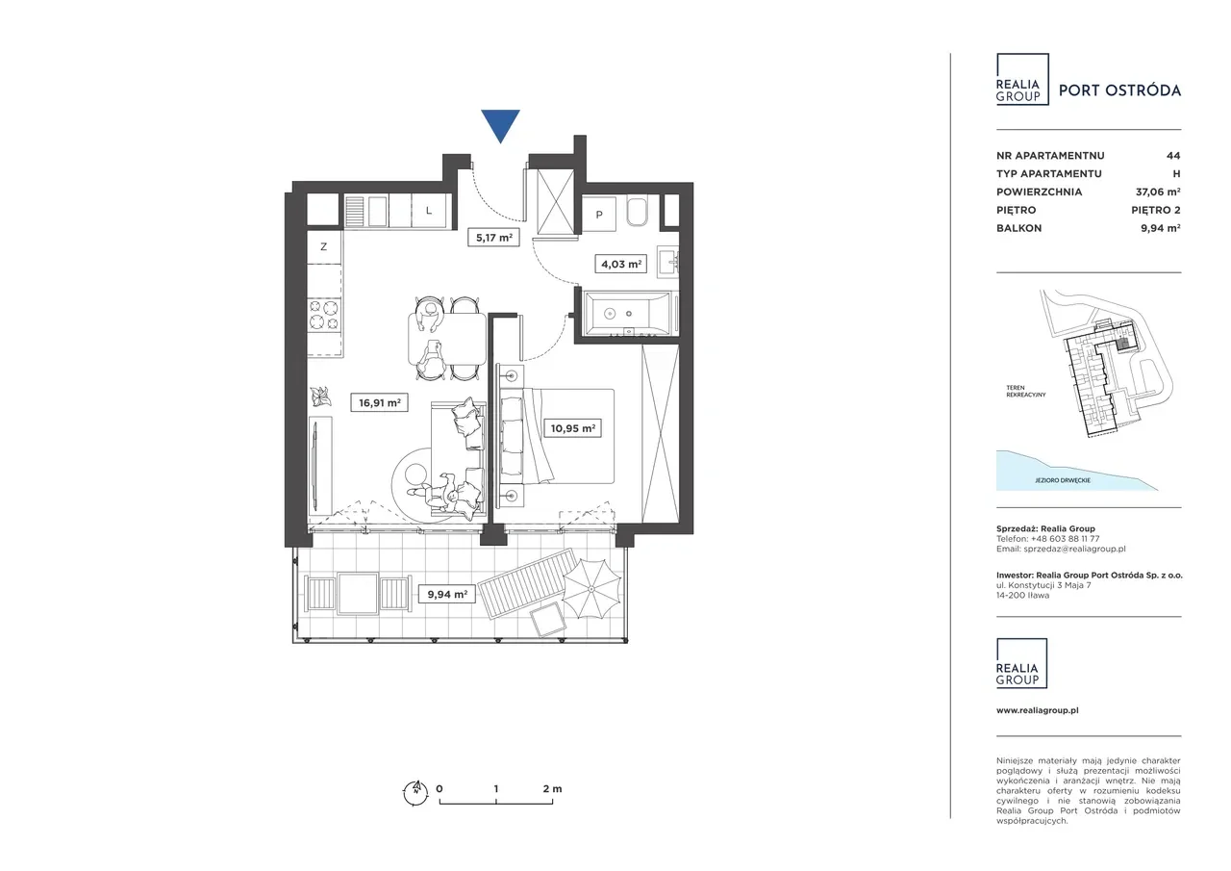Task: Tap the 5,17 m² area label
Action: click(x=493, y=238)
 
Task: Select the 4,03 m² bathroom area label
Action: click(x=620, y=264)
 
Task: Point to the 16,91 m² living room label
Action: click(x=379, y=402)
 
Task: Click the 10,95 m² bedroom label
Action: click(x=572, y=428)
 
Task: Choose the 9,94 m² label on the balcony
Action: click(x=447, y=594)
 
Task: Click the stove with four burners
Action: click(x=324, y=314)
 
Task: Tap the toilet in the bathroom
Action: click(x=637, y=212)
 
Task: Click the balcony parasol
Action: click(x=591, y=588)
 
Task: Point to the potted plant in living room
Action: click(x=320, y=397)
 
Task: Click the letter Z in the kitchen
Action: click(x=324, y=247)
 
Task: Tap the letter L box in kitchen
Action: click(x=429, y=211)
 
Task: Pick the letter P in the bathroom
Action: click(x=599, y=215)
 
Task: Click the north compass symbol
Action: click(x=415, y=792)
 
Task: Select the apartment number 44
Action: click(x=1173, y=156)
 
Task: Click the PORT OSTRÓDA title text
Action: click(x=1119, y=90)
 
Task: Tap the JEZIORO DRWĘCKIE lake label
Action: click(x=1063, y=480)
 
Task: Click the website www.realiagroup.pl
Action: click(x=1038, y=710)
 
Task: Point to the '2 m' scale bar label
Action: click(x=552, y=788)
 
